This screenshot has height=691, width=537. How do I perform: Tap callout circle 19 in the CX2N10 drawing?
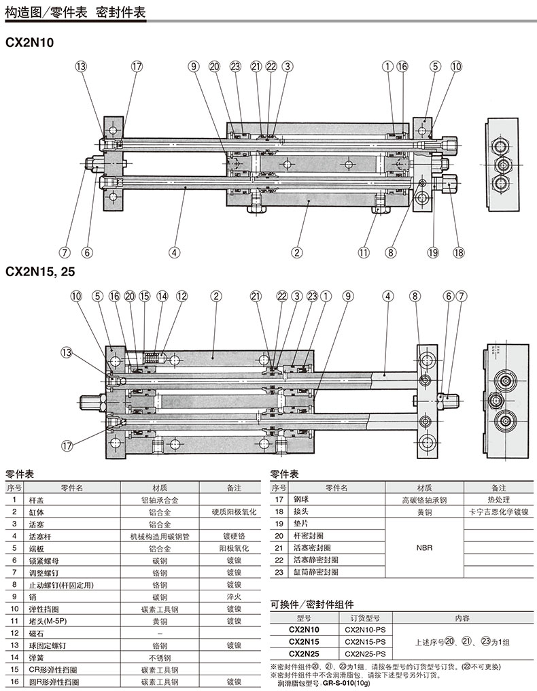433,252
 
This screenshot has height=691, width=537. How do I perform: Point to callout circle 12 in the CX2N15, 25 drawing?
181,296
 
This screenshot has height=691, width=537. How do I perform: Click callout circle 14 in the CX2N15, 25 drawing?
162,296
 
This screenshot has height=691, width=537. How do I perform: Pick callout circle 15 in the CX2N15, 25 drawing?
144,296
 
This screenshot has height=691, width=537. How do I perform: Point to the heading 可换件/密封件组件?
312,603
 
